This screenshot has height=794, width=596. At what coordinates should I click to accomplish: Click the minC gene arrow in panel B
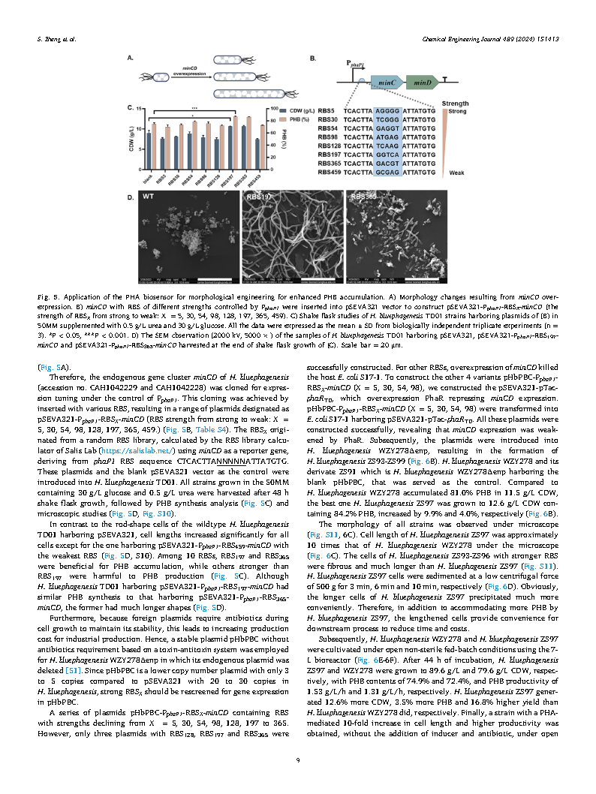pyautogui.click(x=387, y=86)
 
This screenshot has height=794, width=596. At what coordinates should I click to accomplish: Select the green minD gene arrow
pyautogui.click(x=422, y=86)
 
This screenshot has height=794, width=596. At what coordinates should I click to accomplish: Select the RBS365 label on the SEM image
pyautogui.click(x=363, y=197)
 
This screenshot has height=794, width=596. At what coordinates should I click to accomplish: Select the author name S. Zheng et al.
pyautogui.click(x=56, y=38)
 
